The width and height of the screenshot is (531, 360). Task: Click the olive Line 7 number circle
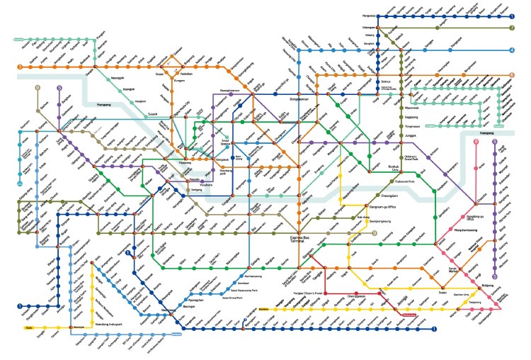pyautogui.click(x=510, y=28)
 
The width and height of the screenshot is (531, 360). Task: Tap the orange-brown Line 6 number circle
pyautogui.click(x=510, y=75)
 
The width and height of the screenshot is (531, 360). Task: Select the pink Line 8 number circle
pyautogui.click(x=476, y=142)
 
